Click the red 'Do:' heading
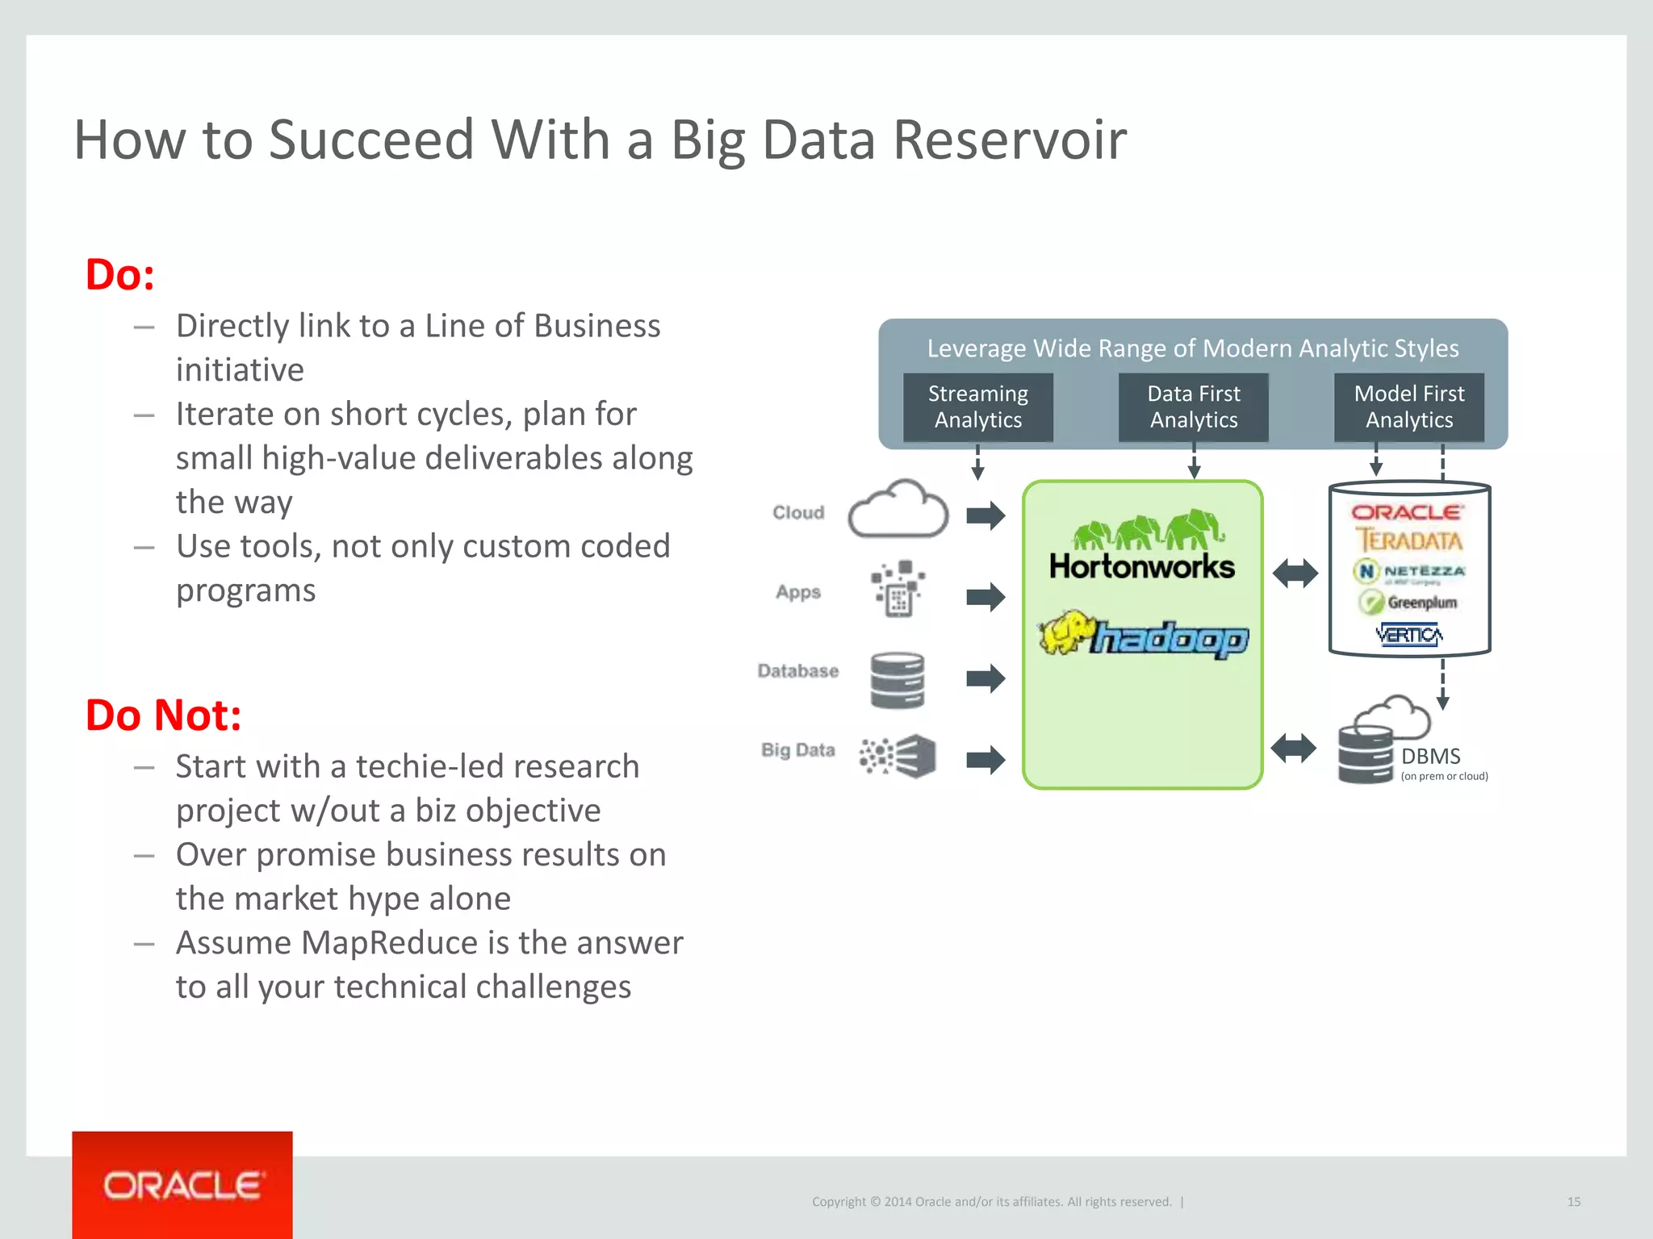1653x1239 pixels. point(119,275)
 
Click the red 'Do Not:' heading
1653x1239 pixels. point(163,715)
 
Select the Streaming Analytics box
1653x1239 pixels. point(977,407)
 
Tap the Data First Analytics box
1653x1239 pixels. point(1193,407)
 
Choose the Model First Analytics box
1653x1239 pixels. point(1408,407)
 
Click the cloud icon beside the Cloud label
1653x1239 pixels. point(898,511)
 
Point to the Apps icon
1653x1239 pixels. point(898,590)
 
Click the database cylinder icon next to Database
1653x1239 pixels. point(897,680)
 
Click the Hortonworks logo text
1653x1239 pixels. point(1141,566)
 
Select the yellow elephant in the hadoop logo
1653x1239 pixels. point(1065,632)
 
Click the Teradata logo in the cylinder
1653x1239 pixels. point(1408,540)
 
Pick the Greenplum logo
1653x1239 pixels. point(1408,602)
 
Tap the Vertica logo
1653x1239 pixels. point(1408,635)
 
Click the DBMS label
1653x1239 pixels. point(1430,756)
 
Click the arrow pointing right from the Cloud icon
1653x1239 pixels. point(986,515)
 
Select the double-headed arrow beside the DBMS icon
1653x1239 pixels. point(1293,748)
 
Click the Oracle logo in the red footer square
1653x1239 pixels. point(182,1186)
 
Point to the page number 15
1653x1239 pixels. point(1573,1202)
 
